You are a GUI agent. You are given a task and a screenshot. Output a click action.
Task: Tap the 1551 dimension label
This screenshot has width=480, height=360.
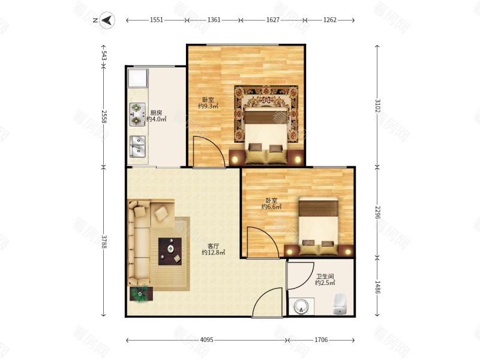[x=157, y=20]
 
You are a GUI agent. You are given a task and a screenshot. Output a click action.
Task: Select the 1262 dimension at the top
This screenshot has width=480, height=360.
[x=329, y=20]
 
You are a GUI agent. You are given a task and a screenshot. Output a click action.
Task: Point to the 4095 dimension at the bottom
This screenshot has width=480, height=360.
[x=206, y=340]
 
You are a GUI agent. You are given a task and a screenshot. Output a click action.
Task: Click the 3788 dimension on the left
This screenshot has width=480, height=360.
[x=104, y=242]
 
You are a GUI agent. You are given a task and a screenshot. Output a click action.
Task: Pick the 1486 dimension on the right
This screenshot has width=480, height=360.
[x=377, y=287]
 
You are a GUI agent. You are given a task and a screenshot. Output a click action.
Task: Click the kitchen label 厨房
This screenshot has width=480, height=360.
[x=156, y=113]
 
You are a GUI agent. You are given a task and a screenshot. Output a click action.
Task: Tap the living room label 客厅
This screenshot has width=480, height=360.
[x=214, y=246]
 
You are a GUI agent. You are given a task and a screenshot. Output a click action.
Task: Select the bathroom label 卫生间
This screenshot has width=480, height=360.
[x=325, y=277]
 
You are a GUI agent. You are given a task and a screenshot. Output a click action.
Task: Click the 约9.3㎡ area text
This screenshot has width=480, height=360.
[x=208, y=106]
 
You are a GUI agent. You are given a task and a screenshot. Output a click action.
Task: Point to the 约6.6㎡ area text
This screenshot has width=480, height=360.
[x=271, y=207]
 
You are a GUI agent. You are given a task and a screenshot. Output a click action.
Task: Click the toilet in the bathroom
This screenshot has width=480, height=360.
[x=340, y=304]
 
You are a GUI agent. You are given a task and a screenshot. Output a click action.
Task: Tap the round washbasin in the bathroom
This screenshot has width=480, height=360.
[x=301, y=307]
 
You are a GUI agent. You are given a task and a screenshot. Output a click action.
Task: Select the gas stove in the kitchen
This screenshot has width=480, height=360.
[x=137, y=115]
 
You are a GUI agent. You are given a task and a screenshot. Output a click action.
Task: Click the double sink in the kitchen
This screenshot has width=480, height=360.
[x=138, y=146]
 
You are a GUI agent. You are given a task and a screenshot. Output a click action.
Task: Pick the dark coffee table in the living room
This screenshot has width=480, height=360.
[x=170, y=251]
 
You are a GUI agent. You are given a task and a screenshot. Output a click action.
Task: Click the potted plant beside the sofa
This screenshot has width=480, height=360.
[x=141, y=294]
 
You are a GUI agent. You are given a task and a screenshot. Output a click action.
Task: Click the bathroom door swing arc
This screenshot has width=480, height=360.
[x=301, y=275]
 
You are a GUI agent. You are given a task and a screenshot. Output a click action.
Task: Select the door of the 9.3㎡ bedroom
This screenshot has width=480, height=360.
[x=209, y=152]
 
